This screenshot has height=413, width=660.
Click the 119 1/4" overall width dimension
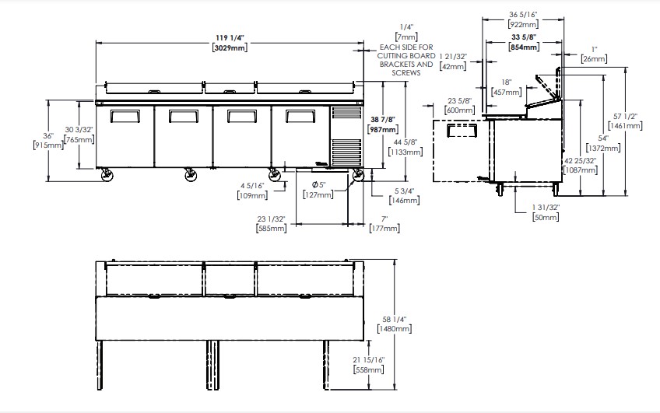click(230, 38)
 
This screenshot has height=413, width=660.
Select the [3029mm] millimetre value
click(230, 47)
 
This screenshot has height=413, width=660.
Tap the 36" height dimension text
click(48, 136)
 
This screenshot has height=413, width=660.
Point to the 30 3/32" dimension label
click(79, 130)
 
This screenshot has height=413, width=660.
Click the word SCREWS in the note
click(406, 73)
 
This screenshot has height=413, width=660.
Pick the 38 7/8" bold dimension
click(383, 120)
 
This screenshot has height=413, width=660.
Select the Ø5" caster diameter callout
click(318, 184)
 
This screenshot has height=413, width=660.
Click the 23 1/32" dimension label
click(272, 219)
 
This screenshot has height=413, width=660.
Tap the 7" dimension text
click(384, 219)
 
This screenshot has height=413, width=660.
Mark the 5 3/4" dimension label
click(405, 191)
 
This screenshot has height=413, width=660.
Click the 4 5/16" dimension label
click(252, 185)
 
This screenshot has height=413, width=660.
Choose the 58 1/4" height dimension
click(395, 319)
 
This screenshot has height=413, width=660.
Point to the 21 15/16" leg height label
click(369, 360)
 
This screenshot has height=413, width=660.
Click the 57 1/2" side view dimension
click(625, 116)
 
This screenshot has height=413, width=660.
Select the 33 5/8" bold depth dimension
click(524, 37)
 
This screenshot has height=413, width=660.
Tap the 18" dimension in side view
click(507, 82)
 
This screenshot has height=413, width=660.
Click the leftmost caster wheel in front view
click(107, 174)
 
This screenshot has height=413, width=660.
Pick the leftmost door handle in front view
click(125, 117)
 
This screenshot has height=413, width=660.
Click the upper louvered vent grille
click(346, 113)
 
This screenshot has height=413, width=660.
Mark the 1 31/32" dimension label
click(546, 208)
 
